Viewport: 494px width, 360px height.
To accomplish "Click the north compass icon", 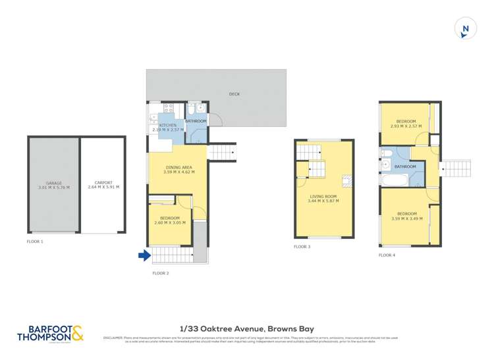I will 466,28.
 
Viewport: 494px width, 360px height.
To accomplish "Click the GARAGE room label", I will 54,183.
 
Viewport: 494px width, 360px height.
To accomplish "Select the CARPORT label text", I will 103,183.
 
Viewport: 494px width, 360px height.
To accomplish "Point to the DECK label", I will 234,94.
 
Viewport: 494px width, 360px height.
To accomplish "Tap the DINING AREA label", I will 177,168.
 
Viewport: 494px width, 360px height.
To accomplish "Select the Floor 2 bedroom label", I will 170,218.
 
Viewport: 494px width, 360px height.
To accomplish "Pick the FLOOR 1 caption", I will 35,242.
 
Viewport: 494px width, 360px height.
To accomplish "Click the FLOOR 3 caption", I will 302,247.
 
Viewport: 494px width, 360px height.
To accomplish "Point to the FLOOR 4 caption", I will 387,254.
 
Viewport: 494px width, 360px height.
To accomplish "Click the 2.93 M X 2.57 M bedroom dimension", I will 406,126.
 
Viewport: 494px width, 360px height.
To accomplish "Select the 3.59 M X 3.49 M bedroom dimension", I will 406,218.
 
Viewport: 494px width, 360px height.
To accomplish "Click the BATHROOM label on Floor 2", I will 196,121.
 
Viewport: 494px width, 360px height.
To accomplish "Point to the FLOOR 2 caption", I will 161,272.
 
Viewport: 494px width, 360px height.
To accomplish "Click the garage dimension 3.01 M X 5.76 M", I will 54,188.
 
